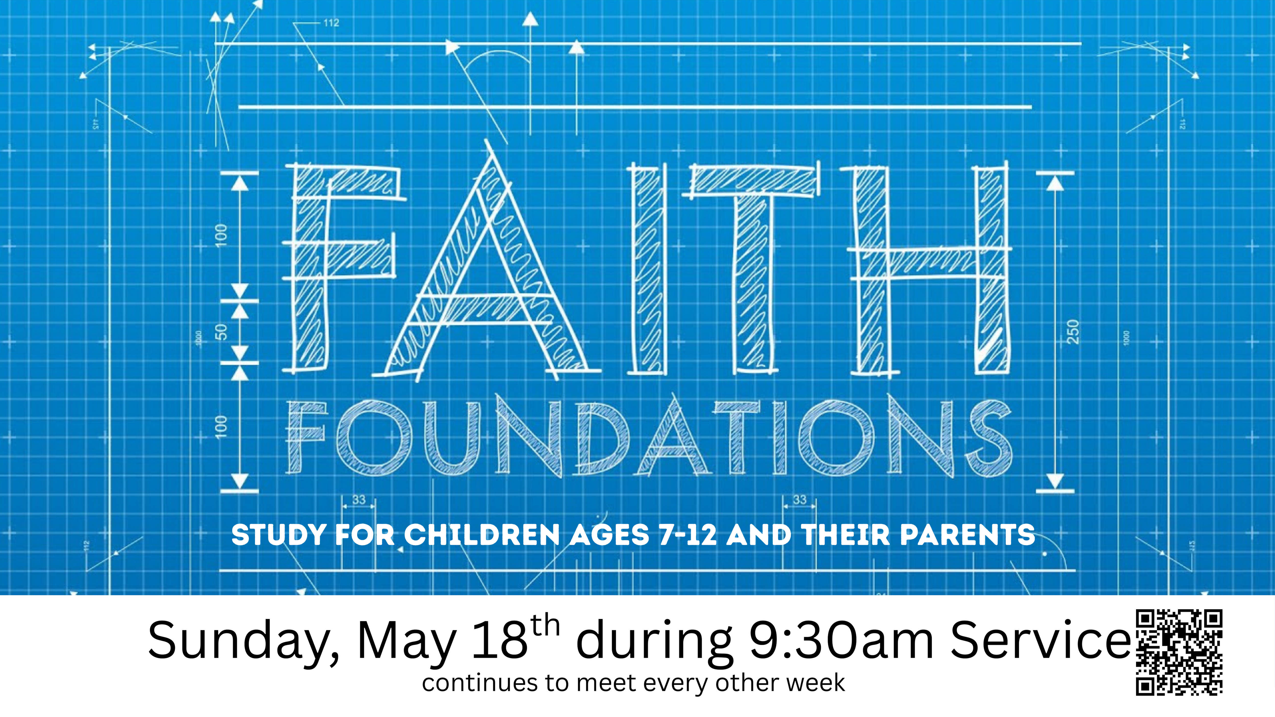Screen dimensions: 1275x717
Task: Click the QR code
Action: tap(1179, 652)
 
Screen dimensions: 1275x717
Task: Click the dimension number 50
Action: tap(222, 331)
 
